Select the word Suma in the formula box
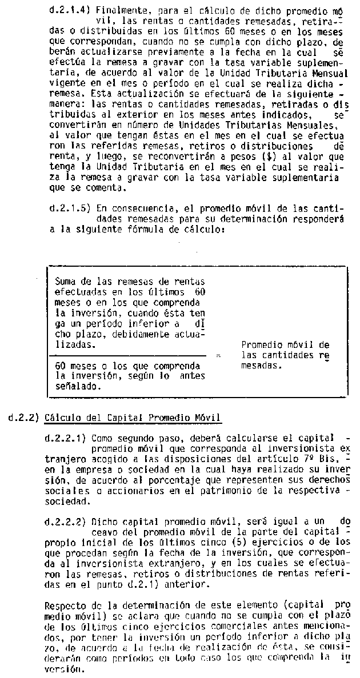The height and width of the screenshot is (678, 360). click(66, 281)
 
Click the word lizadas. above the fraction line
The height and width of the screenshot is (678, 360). click(75, 345)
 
